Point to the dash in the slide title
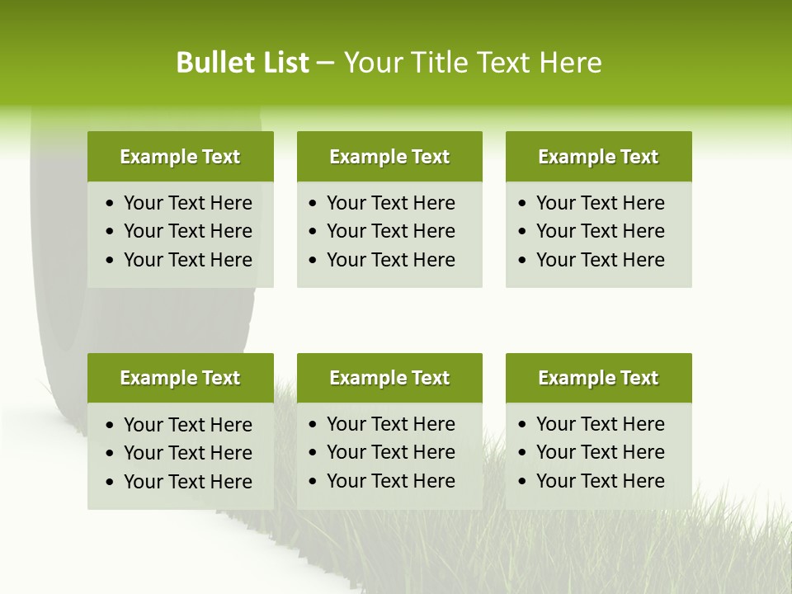pos(325,64)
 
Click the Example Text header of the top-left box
pos(180,157)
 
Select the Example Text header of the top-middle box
pos(389,157)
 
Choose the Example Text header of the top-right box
pos(598,157)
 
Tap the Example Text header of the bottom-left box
pos(180,378)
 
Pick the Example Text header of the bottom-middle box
pos(389,378)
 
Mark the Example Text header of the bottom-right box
pos(598,378)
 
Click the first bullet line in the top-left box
pos(187,203)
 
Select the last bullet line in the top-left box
pos(187,260)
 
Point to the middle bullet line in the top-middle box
pos(390,231)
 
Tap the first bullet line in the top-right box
pos(600,203)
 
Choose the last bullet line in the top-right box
pos(600,260)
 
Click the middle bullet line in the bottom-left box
pos(187,453)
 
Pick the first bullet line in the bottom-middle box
pos(390,424)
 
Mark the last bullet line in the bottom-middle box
pos(390,481)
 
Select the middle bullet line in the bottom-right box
pos(600,452)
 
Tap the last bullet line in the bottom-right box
pos(600,481)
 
